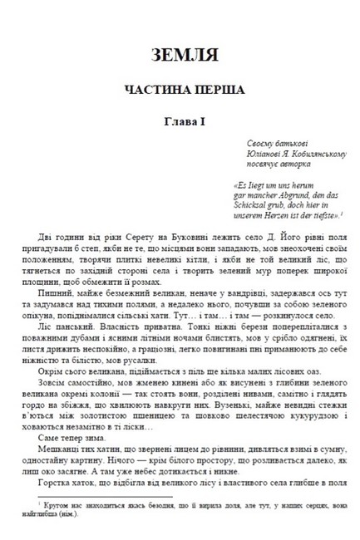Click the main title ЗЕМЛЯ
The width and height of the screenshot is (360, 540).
(179, 56)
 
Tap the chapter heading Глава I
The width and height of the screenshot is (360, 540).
(179, 122)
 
